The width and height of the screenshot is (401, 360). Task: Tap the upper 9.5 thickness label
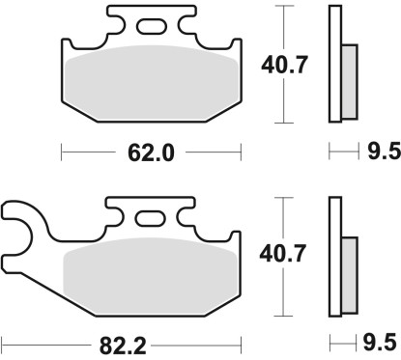pos(379,152)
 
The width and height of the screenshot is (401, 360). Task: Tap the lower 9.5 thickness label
pos(379,343)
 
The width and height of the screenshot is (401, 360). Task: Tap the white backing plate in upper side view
pos(336,64)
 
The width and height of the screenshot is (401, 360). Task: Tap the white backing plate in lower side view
pos(336,256)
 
